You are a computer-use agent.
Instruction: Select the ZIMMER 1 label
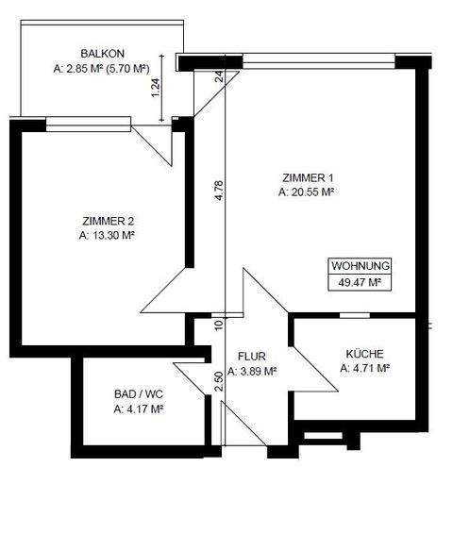(x=309, y=177)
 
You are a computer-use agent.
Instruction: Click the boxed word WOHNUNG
(x=360, y=266)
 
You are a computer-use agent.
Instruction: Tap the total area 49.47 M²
(x=360, y=281)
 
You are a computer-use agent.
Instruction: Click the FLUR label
(x=251, y=357)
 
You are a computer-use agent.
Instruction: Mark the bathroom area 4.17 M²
(x=137, y=409)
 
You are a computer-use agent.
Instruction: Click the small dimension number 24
(x=219, y=77)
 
